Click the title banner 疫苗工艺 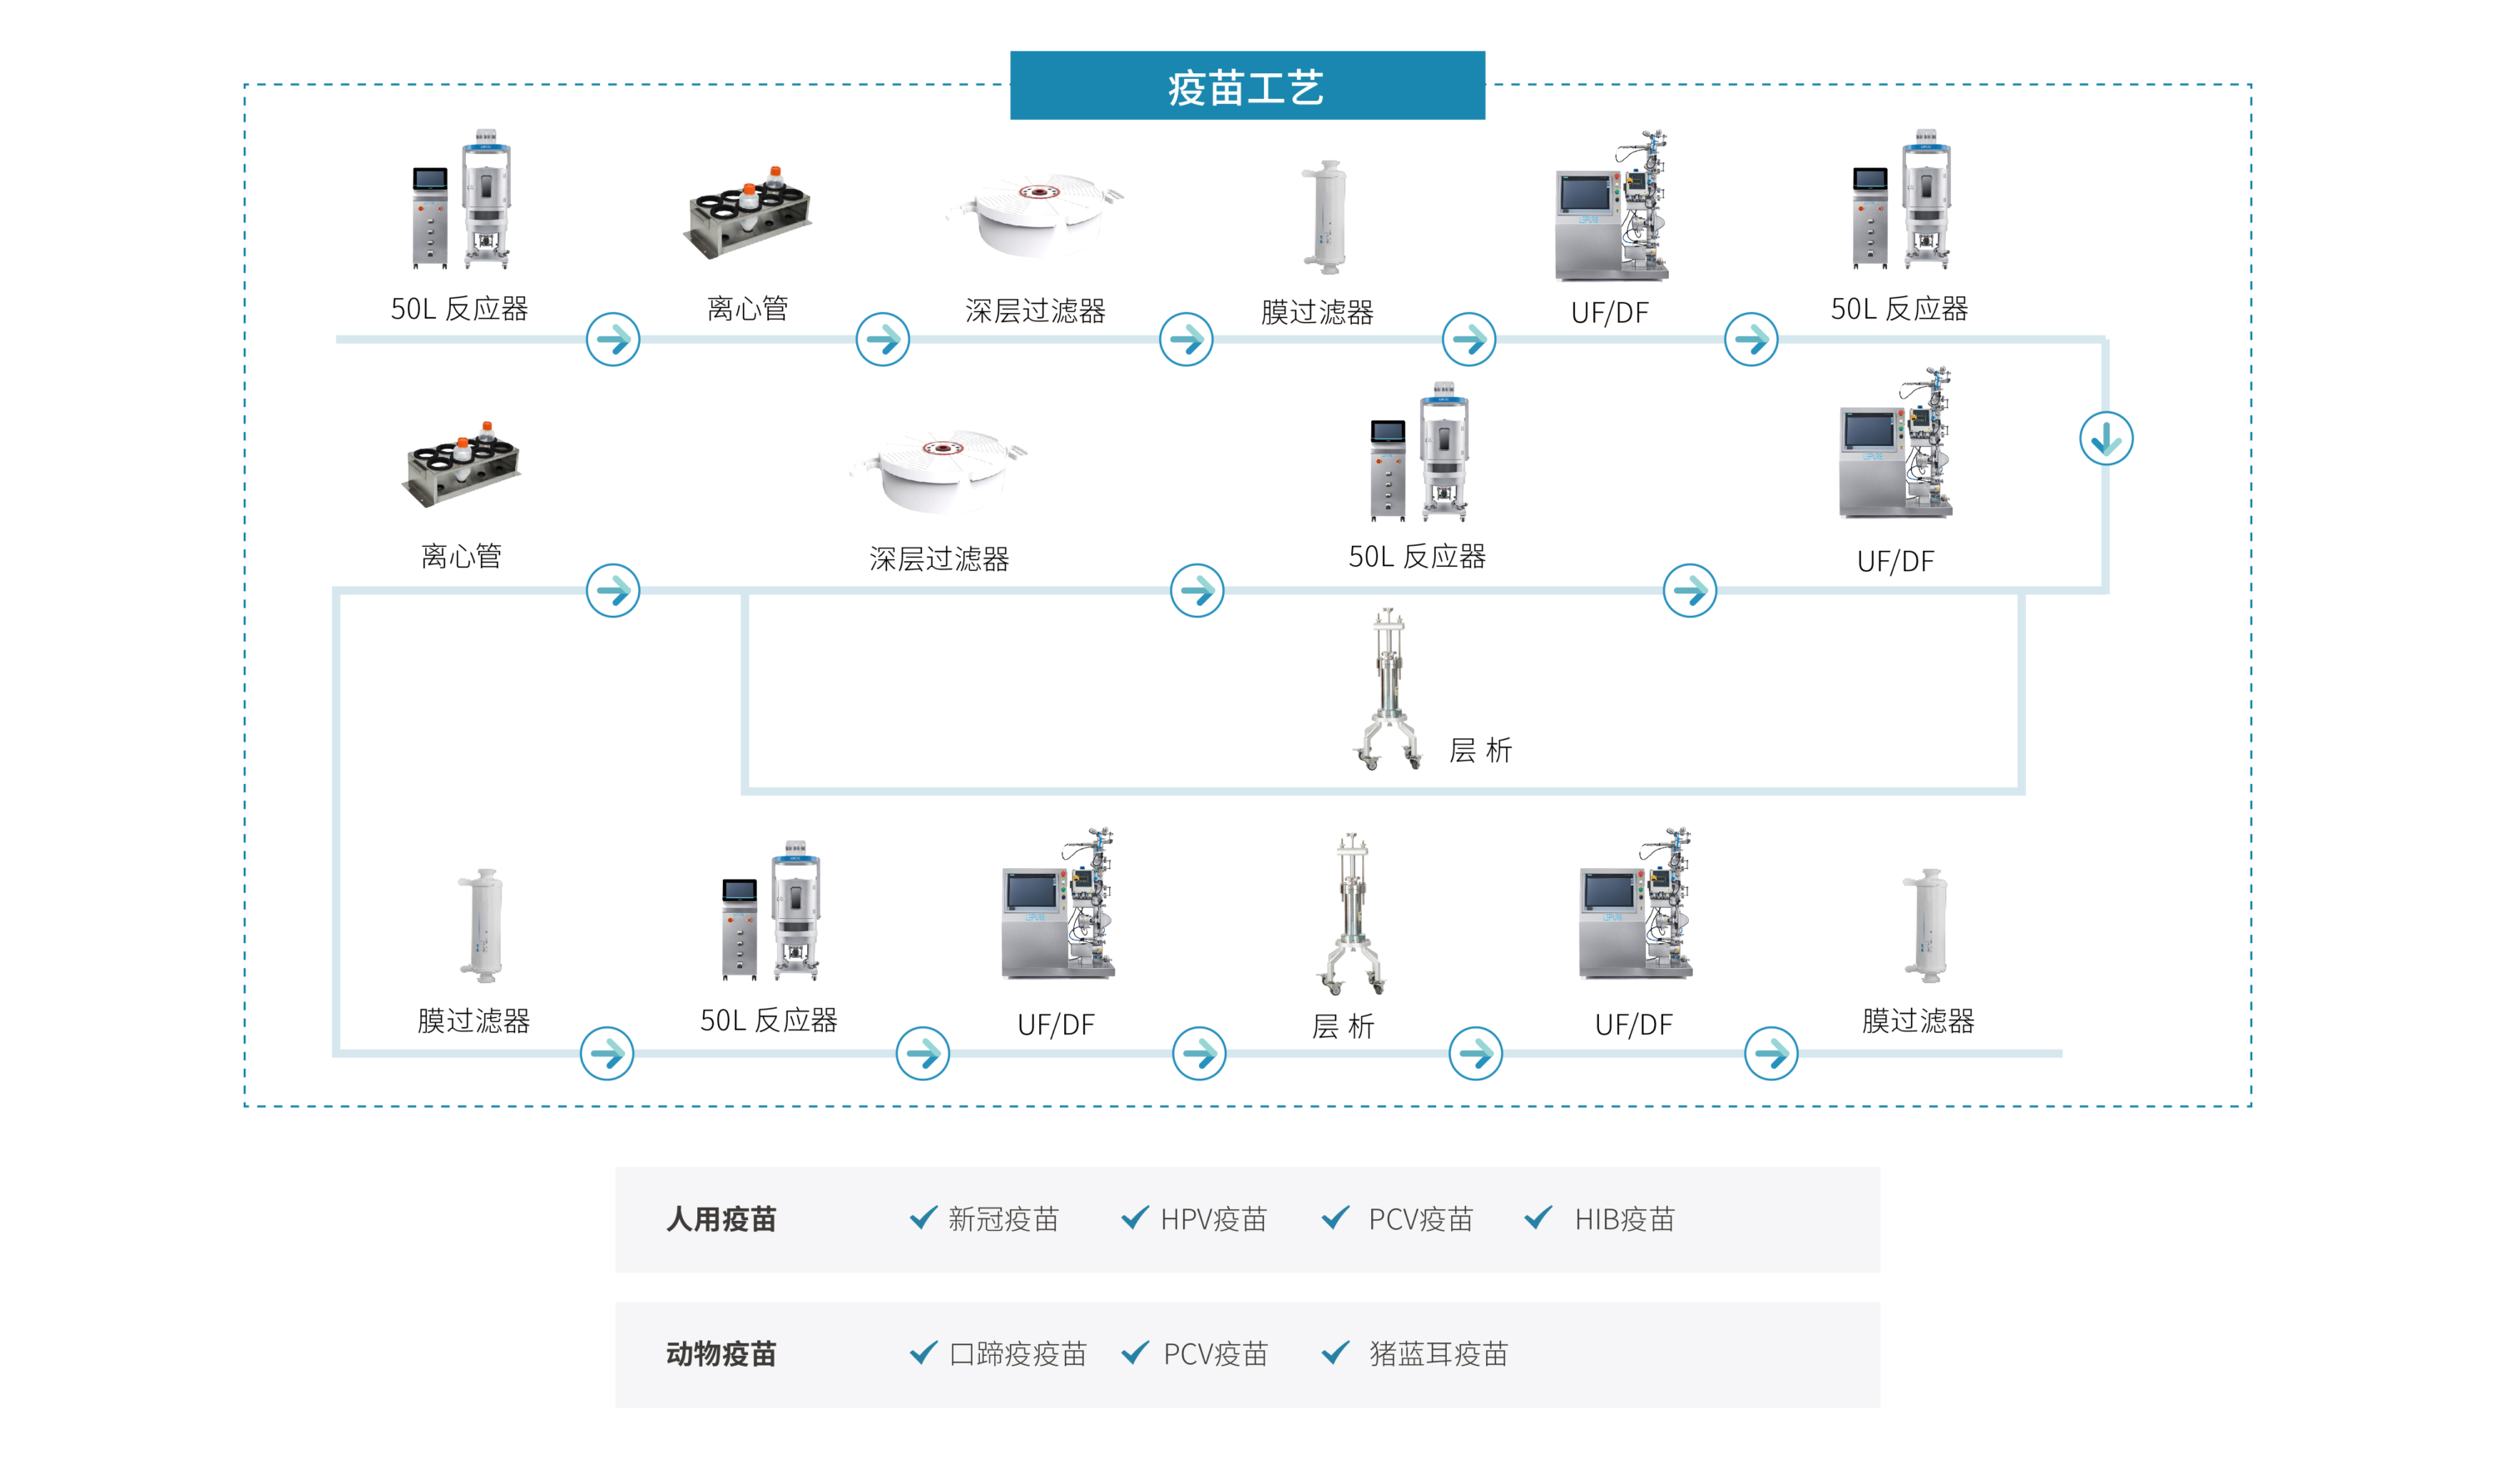pos(1247,87)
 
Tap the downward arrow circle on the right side pos(2105,438)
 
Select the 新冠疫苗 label pos(1003,1219)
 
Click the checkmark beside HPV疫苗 pos(1135,1218)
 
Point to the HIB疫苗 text pos(1623,1219)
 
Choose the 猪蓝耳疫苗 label pos(1439,1354)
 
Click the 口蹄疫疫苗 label pos(1018,1354)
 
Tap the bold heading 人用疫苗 pos(721,1219)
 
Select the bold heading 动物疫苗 pos(721,1354)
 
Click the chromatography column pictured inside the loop pos(1389,688)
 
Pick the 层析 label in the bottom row pos(1343,1026)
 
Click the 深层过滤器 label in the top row pos(1035,311)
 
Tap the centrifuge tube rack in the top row pos(749,213)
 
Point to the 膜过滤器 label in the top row pos(1317,312)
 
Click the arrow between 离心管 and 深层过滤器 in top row pos(883,340)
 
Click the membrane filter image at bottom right pos(1925,926)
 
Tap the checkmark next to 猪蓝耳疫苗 pos(1336,1352)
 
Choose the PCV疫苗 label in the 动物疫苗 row pos(1216,1354)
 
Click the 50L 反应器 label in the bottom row pos(769,1020)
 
